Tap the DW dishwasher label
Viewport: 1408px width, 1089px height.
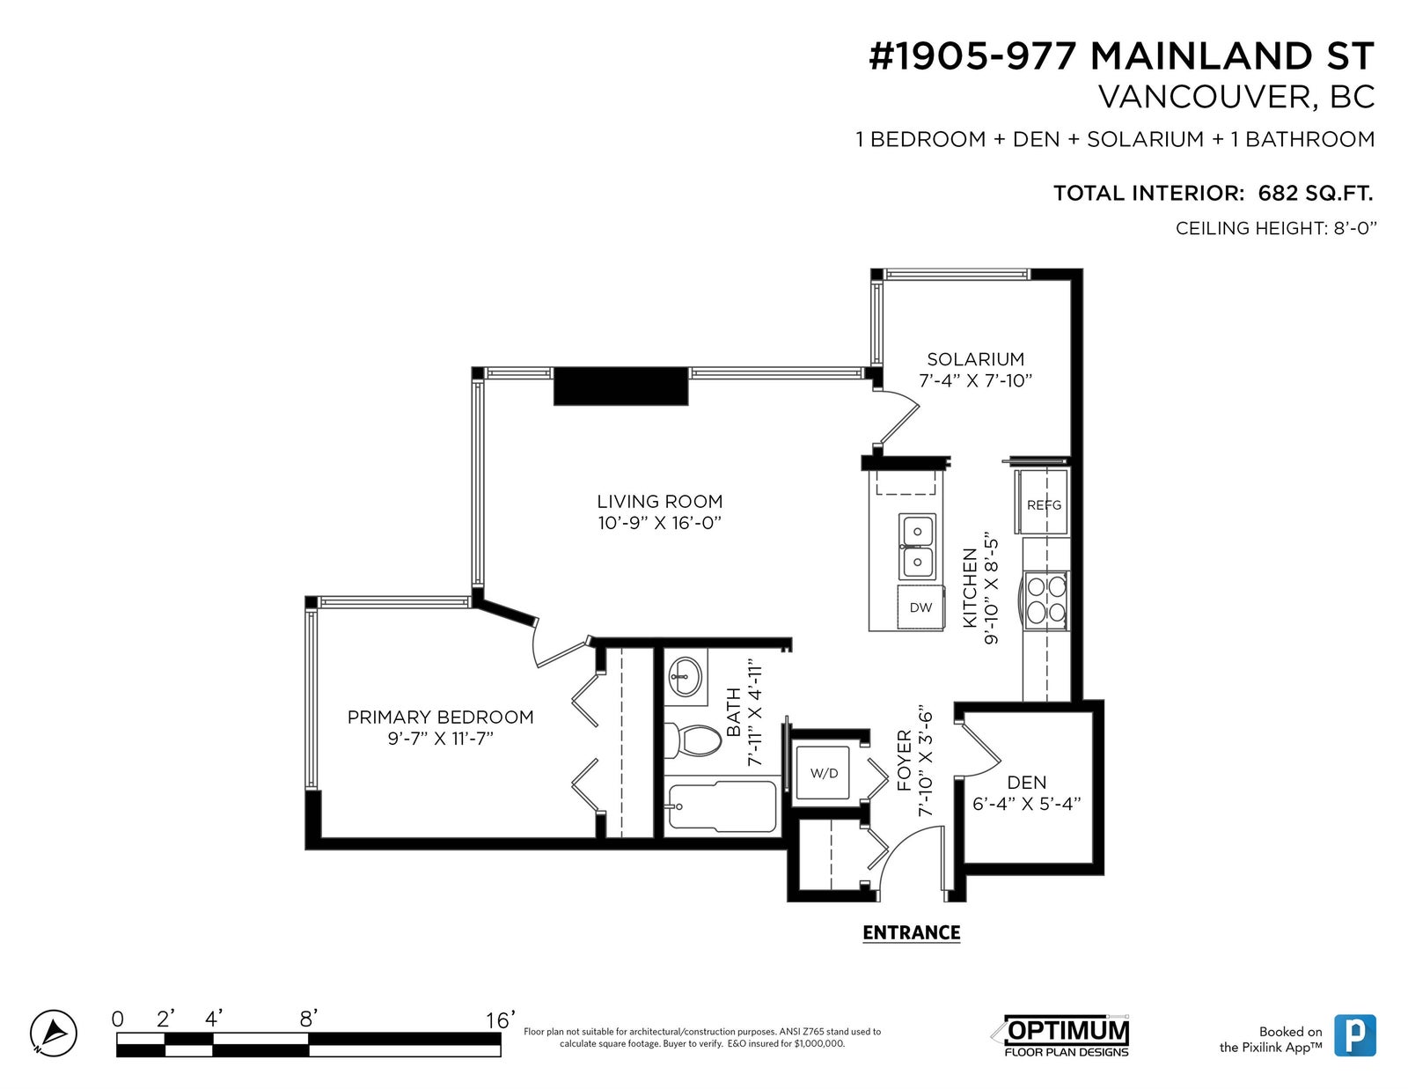tap(920, 607)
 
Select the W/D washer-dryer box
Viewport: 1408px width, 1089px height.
tap(824, 773)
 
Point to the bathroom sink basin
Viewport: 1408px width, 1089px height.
tap(684, 676)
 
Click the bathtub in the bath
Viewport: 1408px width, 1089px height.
tap(722, 806)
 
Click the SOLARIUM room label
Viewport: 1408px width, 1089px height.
tap(975, 358)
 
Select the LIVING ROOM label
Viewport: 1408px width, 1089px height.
tap(660, 501)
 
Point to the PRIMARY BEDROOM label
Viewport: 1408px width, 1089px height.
tap(441, 717)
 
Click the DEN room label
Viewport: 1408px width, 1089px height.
tap(1027, 783)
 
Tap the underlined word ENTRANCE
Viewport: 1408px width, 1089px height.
tap(911, 933)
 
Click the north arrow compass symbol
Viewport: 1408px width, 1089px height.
tap(53, 1034)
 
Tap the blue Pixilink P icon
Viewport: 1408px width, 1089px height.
tap(1355, 1035)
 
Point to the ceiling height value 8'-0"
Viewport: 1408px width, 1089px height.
tap(1355, 228)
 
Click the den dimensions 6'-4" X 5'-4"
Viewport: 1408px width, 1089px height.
tap(1027, 804)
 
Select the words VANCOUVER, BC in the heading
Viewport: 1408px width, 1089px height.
tap(1236, 97)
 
